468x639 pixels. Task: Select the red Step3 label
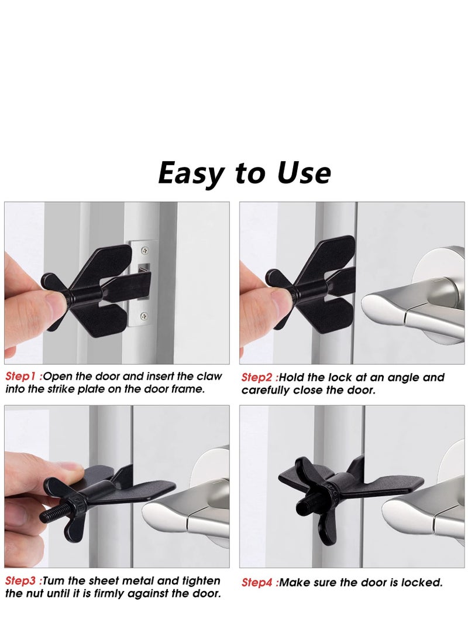coord(22,581)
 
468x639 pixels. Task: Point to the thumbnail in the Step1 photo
coord(56,302)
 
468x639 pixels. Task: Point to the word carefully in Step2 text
coord(267,390)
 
